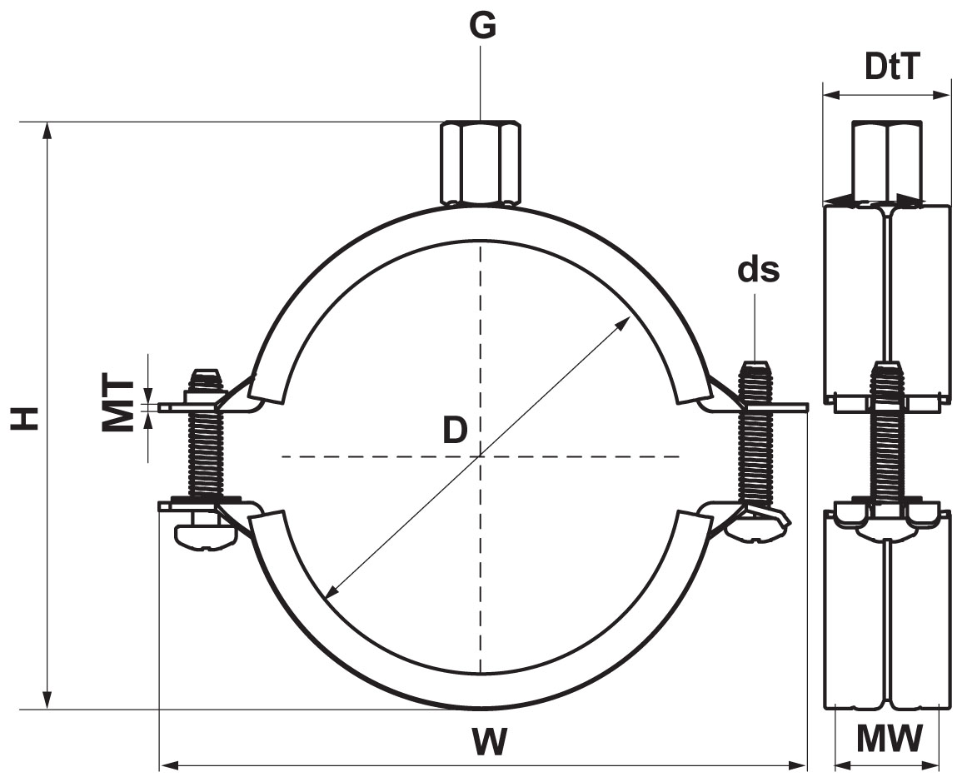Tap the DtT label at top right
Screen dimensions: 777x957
[x=891, y=67]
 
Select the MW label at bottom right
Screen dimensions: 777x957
[x=890, y=738]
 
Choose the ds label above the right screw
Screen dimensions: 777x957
[x=758, y=271]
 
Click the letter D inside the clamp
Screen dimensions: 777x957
[x=454, y=431]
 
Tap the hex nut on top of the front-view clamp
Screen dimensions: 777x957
[x=480, y=162]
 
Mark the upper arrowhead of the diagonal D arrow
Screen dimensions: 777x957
[x=626, y=321]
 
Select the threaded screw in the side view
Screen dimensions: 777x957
[x=887, y=441]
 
